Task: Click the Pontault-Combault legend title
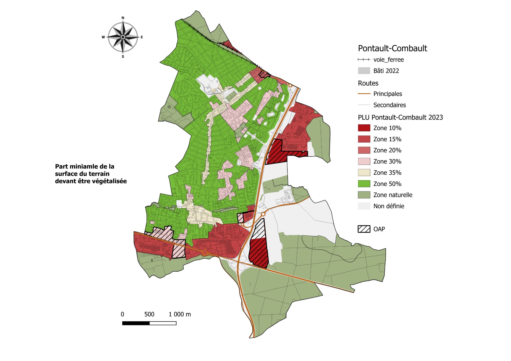point(392,48)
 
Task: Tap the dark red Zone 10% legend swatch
point(364,128)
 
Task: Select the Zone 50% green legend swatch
point(364,184)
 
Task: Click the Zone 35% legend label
point(387,173)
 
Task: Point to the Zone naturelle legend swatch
point(364,195)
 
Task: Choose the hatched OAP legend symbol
point(364,229)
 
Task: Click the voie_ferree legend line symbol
point(364,59)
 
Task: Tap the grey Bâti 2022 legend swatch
point(364,71)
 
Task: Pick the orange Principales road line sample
point(364,94)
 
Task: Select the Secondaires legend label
point(389,105)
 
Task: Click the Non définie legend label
point(389,206)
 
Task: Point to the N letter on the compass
point(123,18)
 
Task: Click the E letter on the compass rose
point(142,37)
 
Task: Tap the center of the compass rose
point(123,37)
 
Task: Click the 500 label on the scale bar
point(149,314)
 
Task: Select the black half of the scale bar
point(136,323)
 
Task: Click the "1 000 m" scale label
point(179,314)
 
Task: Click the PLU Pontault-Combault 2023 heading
point(400,117)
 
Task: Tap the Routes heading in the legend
point(368,83)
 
